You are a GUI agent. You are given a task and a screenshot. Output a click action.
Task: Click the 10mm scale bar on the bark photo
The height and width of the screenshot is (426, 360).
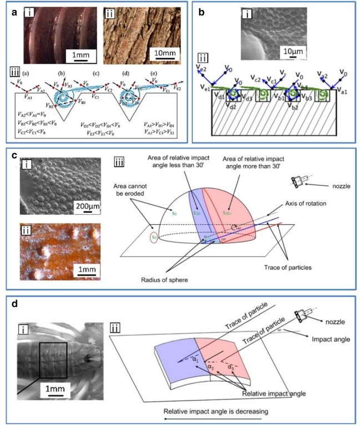click(160, 54)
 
